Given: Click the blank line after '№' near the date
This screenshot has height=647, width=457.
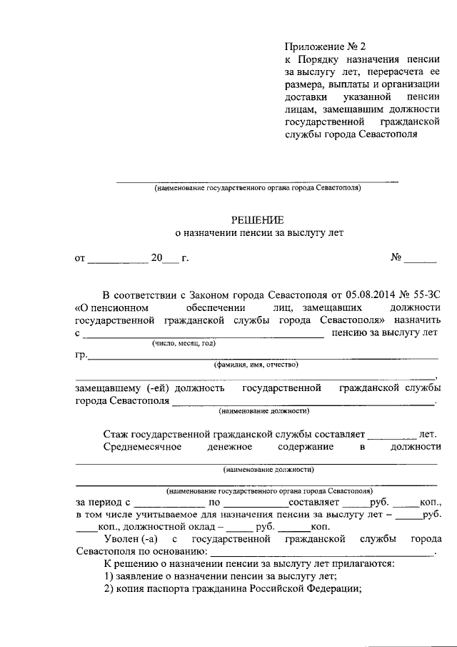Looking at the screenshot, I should pyautogui.click(x=421, y=258).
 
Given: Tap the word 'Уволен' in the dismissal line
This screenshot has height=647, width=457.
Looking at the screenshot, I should pyautogui.click(x=121, y=538).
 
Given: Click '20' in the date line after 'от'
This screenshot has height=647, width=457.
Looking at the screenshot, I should pyautogui.click(x=157, y=258).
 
